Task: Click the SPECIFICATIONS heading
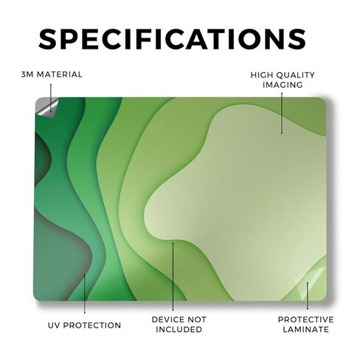click(x=172, y=39)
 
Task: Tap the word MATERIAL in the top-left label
click(x=60, y=75)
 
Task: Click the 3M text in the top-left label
click(x=27, y=75)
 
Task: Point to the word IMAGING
click(x=283, y=85)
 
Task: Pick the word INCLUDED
click(x=179, y=329)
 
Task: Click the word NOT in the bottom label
click(x=197, y=319)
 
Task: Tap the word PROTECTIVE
click(x=305, y=319)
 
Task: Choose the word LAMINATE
click(x=305, y=329)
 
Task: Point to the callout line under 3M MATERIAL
click(x=51, y=97)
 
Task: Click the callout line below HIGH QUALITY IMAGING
click(x=282, y=113)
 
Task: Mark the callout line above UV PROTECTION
click(x=85, y=294)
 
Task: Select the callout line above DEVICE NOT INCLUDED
click(x=173, y=277)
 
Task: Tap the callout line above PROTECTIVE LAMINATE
click(x=307, y=296)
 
